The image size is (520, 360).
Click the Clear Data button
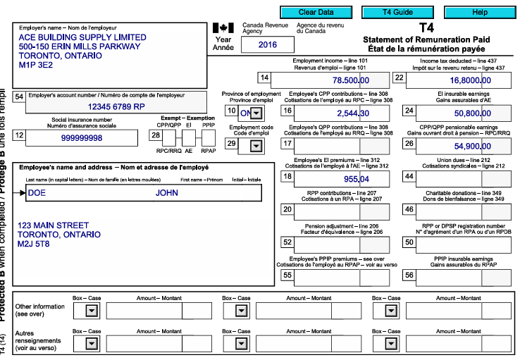(316, 13)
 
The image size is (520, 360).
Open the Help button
(480, 13)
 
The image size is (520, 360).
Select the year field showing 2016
(268, 44)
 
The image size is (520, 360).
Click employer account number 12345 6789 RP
(116, 106)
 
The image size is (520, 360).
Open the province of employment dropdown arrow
(256, 113)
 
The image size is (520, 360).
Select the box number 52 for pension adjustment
(287, 242)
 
